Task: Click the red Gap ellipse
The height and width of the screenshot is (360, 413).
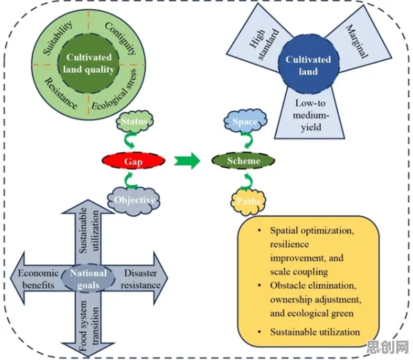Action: [134, 161]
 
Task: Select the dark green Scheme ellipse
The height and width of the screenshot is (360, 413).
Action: [243, 160]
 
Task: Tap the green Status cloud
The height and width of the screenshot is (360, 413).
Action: [134, 121]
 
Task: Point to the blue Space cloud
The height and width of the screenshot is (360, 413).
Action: [245, 121]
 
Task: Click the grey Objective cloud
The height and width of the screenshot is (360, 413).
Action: [134, 200]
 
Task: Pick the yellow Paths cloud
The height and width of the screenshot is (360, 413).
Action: [248, 201]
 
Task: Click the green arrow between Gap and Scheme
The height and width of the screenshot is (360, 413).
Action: [187, 161]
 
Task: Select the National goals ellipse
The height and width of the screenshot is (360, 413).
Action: [88, 279]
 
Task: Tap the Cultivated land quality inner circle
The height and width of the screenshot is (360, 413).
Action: [89, 63]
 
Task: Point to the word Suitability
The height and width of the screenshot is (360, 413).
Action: [58, 38]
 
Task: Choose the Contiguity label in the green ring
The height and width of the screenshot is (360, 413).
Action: [121, 37]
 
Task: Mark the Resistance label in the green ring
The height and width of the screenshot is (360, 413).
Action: [61, 94]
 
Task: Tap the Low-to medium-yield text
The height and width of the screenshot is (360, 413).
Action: [311, 115]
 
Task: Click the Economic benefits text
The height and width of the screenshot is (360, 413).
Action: [38, 279]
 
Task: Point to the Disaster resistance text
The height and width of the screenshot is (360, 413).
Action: [141, 279]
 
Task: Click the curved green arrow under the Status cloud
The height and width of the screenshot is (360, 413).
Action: [130, 140]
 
